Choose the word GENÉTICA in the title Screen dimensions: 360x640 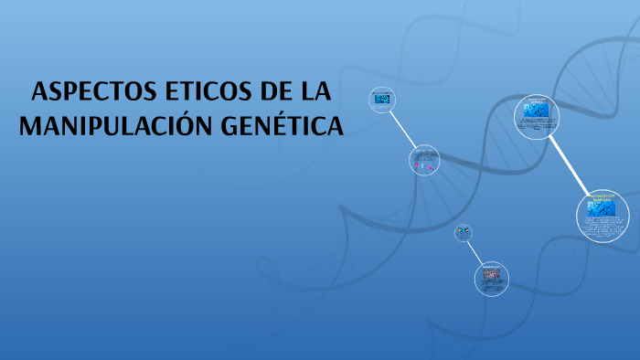[278, 126]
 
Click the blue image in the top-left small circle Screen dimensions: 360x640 [382, 99]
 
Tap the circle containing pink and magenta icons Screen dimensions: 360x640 [423, 161]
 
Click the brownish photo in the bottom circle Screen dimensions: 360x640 [491, 274]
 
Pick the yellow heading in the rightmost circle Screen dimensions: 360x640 [601, 197]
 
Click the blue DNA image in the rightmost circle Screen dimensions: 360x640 [601, 208]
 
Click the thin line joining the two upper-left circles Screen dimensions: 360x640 [402, 129]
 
